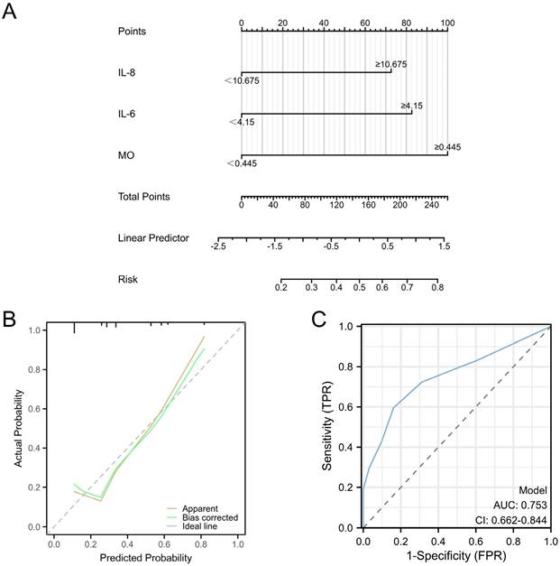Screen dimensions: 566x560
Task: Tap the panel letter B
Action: click(9, 319)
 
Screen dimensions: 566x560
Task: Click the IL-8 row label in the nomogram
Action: click(128, 71)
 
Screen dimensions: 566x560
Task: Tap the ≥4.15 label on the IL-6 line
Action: click(413, 106)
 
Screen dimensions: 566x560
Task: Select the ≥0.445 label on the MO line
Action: click(448, 146)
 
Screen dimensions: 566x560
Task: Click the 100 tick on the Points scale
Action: click(448, 22)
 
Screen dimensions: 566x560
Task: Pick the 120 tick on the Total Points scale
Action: click(337, 205)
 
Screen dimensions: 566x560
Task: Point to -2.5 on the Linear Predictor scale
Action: click(218, 245)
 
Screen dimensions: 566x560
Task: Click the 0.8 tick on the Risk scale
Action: click(437, 287)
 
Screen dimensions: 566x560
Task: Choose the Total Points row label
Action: click(143, 196)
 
